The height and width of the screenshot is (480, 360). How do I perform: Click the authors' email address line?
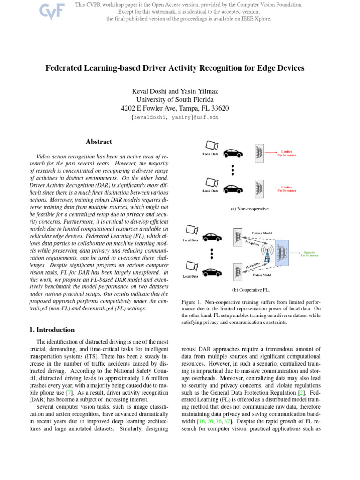coord(175,117)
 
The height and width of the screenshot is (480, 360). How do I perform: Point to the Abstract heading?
coord(99,142)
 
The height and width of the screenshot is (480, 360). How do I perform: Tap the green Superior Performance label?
coord(310,254)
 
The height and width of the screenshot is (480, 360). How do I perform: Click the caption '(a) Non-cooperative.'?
coord(250,209)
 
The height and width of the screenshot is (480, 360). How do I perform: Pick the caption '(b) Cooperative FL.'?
coord(249,290)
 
